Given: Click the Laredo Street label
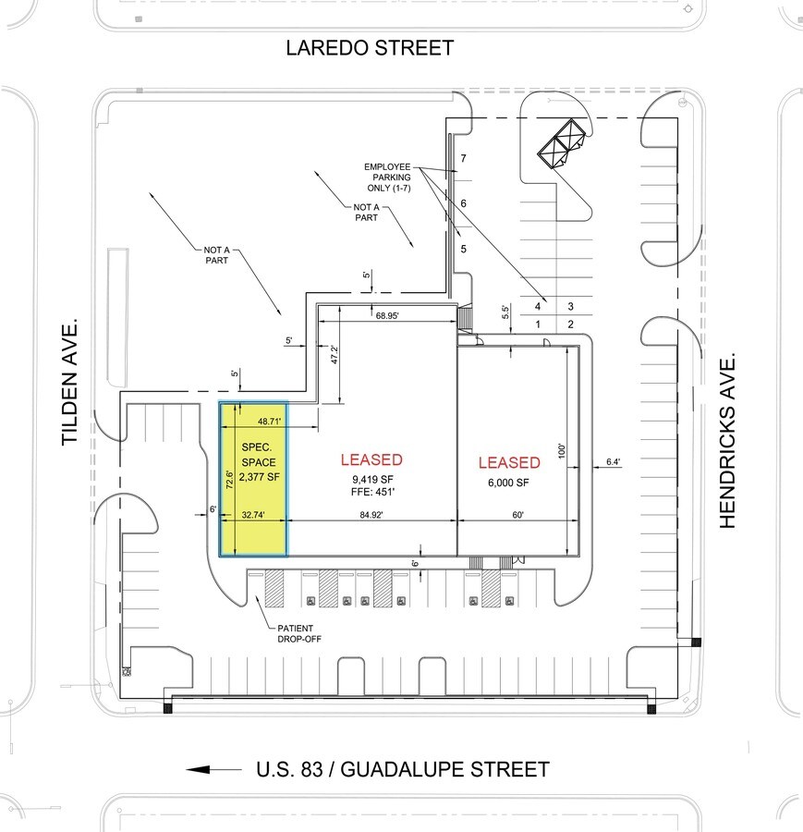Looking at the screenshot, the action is coord(370,48).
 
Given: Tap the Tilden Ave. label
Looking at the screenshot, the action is coord(69,382).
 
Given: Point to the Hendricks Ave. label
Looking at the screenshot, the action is coord(727,440).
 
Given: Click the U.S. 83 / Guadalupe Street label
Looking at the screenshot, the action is coord(403,769).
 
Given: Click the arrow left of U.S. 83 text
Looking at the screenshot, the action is coord(213,769).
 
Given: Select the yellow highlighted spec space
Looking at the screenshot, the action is coord(253,479).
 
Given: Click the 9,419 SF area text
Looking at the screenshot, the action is coord(372,479).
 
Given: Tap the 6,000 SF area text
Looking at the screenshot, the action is coord(508,483).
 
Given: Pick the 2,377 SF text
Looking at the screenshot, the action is coord(259,476).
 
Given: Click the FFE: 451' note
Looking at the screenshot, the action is coord(372,492).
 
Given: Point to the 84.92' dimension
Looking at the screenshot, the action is coord(371,515).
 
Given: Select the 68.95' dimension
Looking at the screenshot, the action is coord(387,316).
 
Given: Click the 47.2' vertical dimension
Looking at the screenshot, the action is coord(335,354).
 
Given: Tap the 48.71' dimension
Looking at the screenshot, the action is coord(270,422).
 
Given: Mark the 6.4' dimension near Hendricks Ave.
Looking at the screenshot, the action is coord(614,461).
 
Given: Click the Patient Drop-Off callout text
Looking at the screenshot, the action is coord(299,633).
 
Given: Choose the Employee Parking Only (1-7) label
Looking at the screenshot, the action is coord(388,177).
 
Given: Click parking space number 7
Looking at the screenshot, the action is coord(464,158).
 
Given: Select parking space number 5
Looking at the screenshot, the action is coord(464,249).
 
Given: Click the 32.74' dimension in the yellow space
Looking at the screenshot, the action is coord(253,515).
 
